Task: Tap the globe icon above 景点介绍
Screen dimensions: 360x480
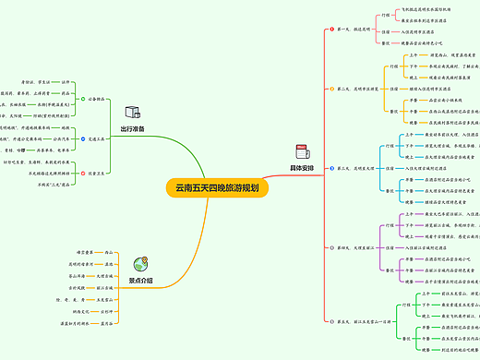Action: click(x=140, y=263)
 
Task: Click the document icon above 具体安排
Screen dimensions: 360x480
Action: click(x=302, y=151)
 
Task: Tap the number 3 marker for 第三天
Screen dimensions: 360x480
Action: click(x=330, y=169)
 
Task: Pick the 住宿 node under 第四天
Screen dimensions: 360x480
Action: click(x=390, y=247)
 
